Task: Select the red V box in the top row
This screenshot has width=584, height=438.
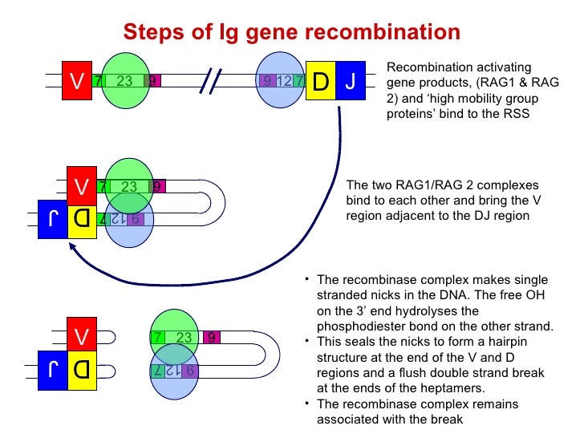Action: point(76,81)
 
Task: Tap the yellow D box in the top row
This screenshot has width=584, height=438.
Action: point(320,81)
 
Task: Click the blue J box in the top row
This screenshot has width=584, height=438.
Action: point(351,81)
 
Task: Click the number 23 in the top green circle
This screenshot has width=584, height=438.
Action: point(124,81)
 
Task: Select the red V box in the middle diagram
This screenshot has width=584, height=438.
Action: point(81,186)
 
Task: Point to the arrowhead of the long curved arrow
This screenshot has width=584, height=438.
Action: point(75,248)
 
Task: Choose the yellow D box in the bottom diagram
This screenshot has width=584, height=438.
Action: point(81,370)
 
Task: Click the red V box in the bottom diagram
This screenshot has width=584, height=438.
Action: point(81,336)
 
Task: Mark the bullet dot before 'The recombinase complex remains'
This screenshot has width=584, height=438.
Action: point(307,404)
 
